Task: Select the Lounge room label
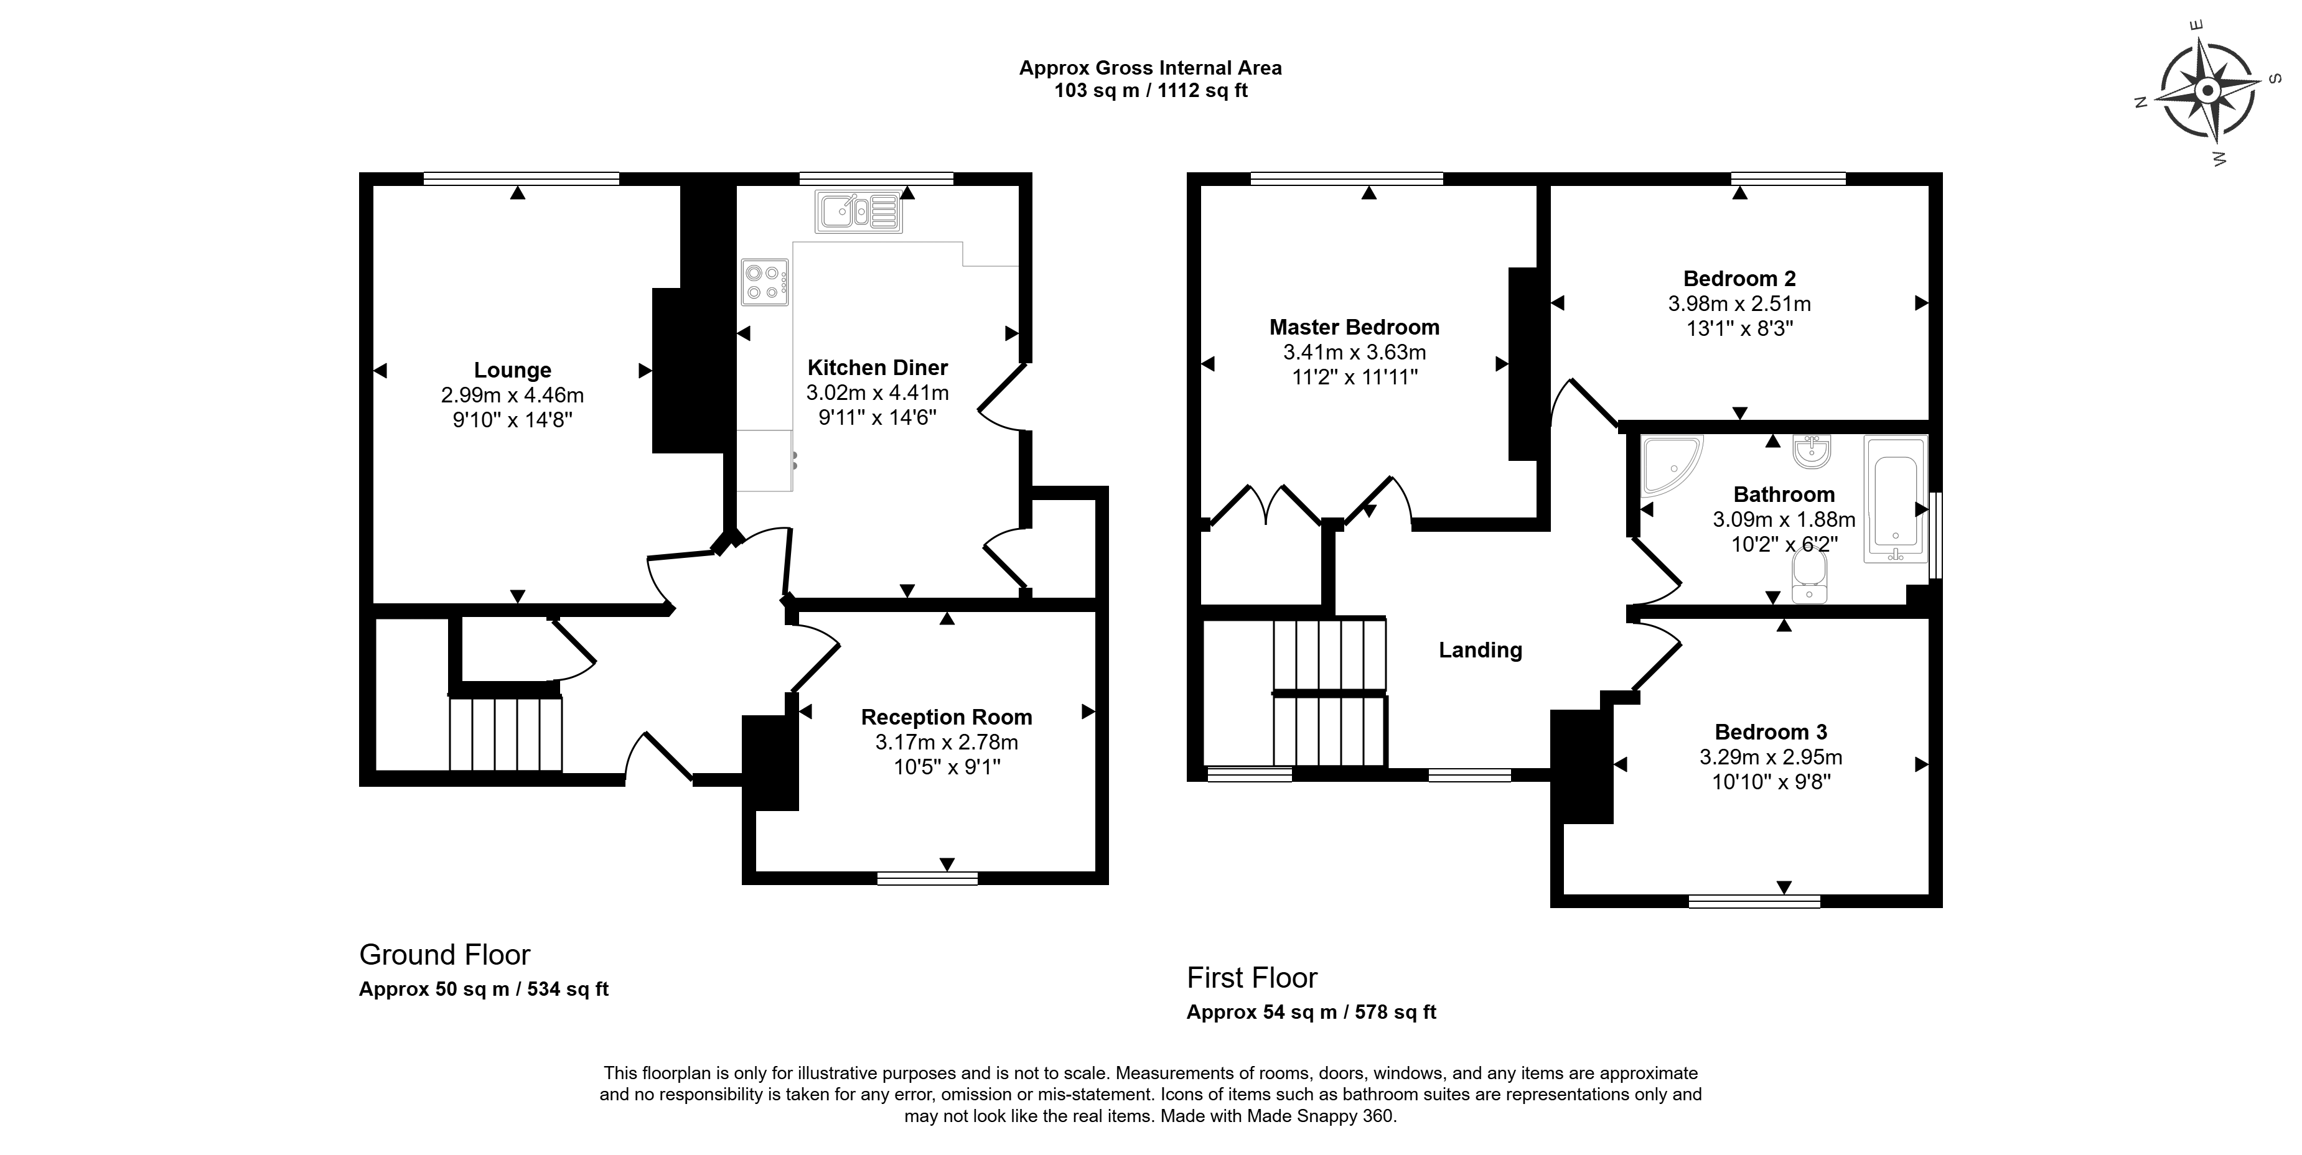click(512, 370)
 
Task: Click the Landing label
click(1480, 651)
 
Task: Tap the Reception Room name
click(947, 717)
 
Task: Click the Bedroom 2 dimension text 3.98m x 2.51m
click(1739, 304)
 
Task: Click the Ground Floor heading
click(444, 955)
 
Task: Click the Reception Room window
click(928, 878)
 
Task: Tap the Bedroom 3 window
click(1754, 901)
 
